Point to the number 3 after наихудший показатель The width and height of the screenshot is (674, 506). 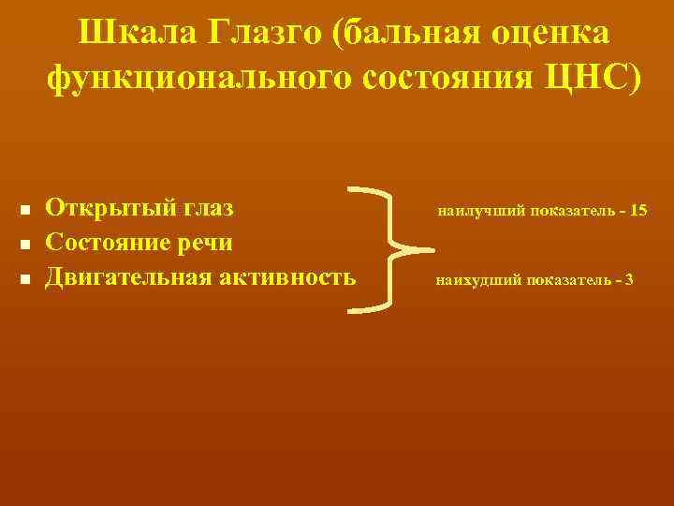(x=628, y=280)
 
